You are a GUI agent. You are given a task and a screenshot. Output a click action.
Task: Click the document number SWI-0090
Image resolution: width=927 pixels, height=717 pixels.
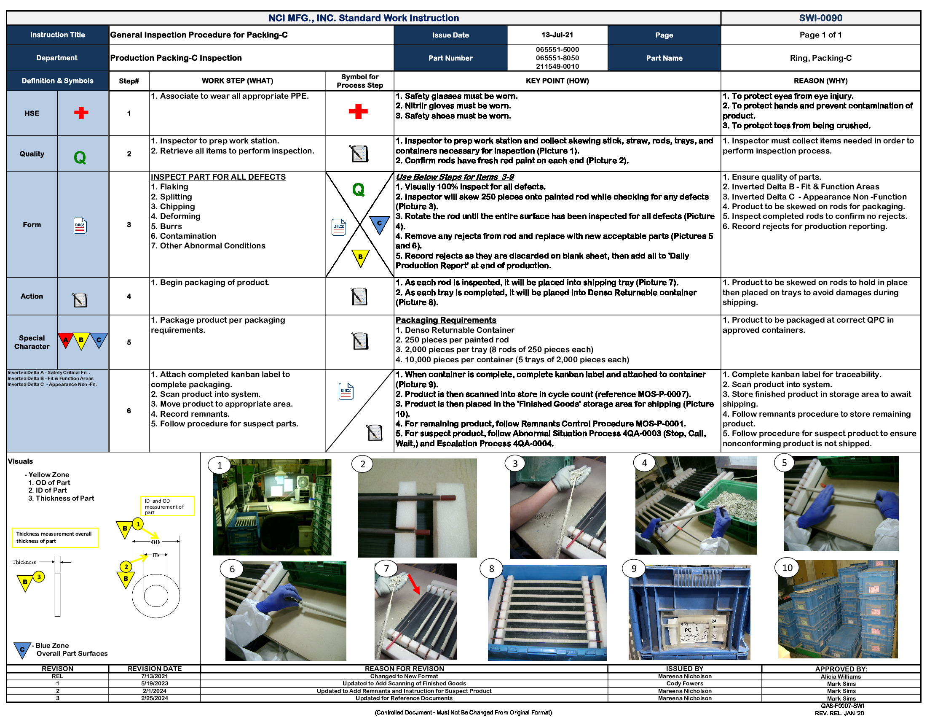[820, 18]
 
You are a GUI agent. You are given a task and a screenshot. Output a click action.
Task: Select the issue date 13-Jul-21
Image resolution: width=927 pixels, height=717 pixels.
[557, 35]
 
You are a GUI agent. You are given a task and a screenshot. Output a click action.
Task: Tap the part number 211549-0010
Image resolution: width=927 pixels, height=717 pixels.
[557, 66]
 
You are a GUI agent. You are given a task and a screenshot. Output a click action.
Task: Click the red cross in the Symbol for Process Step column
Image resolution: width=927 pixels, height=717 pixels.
[358, 112]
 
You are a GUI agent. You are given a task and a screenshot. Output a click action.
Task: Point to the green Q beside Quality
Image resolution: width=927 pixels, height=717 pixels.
[80, 158]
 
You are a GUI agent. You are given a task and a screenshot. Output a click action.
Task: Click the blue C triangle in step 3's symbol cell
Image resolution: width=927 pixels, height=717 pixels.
[379, 224]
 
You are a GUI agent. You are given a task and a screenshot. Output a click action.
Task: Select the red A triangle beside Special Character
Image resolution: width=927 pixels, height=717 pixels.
[66, 340]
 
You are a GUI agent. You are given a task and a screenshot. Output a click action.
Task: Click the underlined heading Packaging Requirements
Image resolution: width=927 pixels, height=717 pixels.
[445, 320]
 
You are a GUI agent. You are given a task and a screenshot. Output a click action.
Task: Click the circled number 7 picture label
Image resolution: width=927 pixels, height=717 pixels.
[386, 569]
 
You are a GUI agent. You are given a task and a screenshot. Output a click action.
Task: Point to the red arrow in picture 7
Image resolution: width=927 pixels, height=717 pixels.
[414, 584]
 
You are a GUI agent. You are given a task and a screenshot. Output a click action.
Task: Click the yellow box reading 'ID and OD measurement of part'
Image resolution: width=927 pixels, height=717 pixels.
[167, 506]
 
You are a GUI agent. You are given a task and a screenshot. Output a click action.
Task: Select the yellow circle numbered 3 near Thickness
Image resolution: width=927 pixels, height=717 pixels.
[39, 577]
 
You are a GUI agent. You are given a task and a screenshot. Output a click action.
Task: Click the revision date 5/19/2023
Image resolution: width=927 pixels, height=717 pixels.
[155, 683]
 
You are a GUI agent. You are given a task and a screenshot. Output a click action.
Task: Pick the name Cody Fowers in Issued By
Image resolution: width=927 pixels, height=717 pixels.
[684, 683]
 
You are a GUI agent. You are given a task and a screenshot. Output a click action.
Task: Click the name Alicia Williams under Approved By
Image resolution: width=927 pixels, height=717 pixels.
[841, 677]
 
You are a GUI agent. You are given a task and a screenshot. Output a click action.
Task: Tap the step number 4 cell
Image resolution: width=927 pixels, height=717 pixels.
[129, 297]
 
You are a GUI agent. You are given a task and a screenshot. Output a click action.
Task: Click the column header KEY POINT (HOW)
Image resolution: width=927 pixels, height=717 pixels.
[557, 81]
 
